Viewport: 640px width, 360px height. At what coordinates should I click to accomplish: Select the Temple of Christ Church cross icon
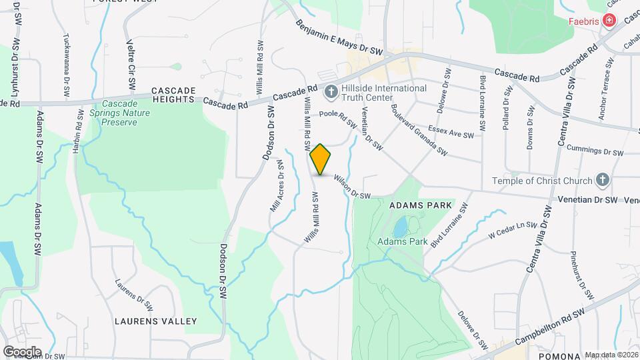(x=603, y=180)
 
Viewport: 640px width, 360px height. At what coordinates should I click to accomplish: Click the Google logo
(x=22, y=351)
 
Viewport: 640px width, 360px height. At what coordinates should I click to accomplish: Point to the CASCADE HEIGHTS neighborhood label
(x=173, y=94)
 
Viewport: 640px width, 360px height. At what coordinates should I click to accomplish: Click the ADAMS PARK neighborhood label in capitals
(x=421, y=205)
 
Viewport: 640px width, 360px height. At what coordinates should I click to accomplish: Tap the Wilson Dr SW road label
(x=352, y=187)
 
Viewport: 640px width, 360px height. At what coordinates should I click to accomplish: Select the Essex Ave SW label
(x=451, y=131)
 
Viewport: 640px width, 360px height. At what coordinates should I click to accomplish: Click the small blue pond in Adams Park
(x=400, y=227)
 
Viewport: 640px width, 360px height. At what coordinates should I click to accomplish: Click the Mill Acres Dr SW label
(x=277, y=190)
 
